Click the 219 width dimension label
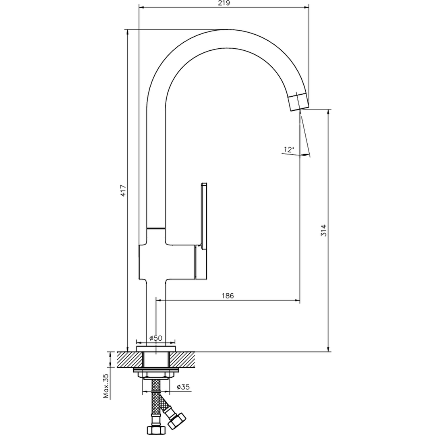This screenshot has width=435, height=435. (224, 3)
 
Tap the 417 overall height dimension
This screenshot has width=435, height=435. (123, 191)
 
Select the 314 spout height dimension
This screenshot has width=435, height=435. (324, 230)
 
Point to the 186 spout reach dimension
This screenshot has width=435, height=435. (228, 296)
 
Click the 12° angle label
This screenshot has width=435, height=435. (288, 149)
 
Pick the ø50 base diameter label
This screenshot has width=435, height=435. (155, 338)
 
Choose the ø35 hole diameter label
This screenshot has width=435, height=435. (183, 387)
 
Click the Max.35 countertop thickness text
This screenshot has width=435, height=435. (106, 386)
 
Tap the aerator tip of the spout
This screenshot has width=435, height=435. (299, 102)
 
